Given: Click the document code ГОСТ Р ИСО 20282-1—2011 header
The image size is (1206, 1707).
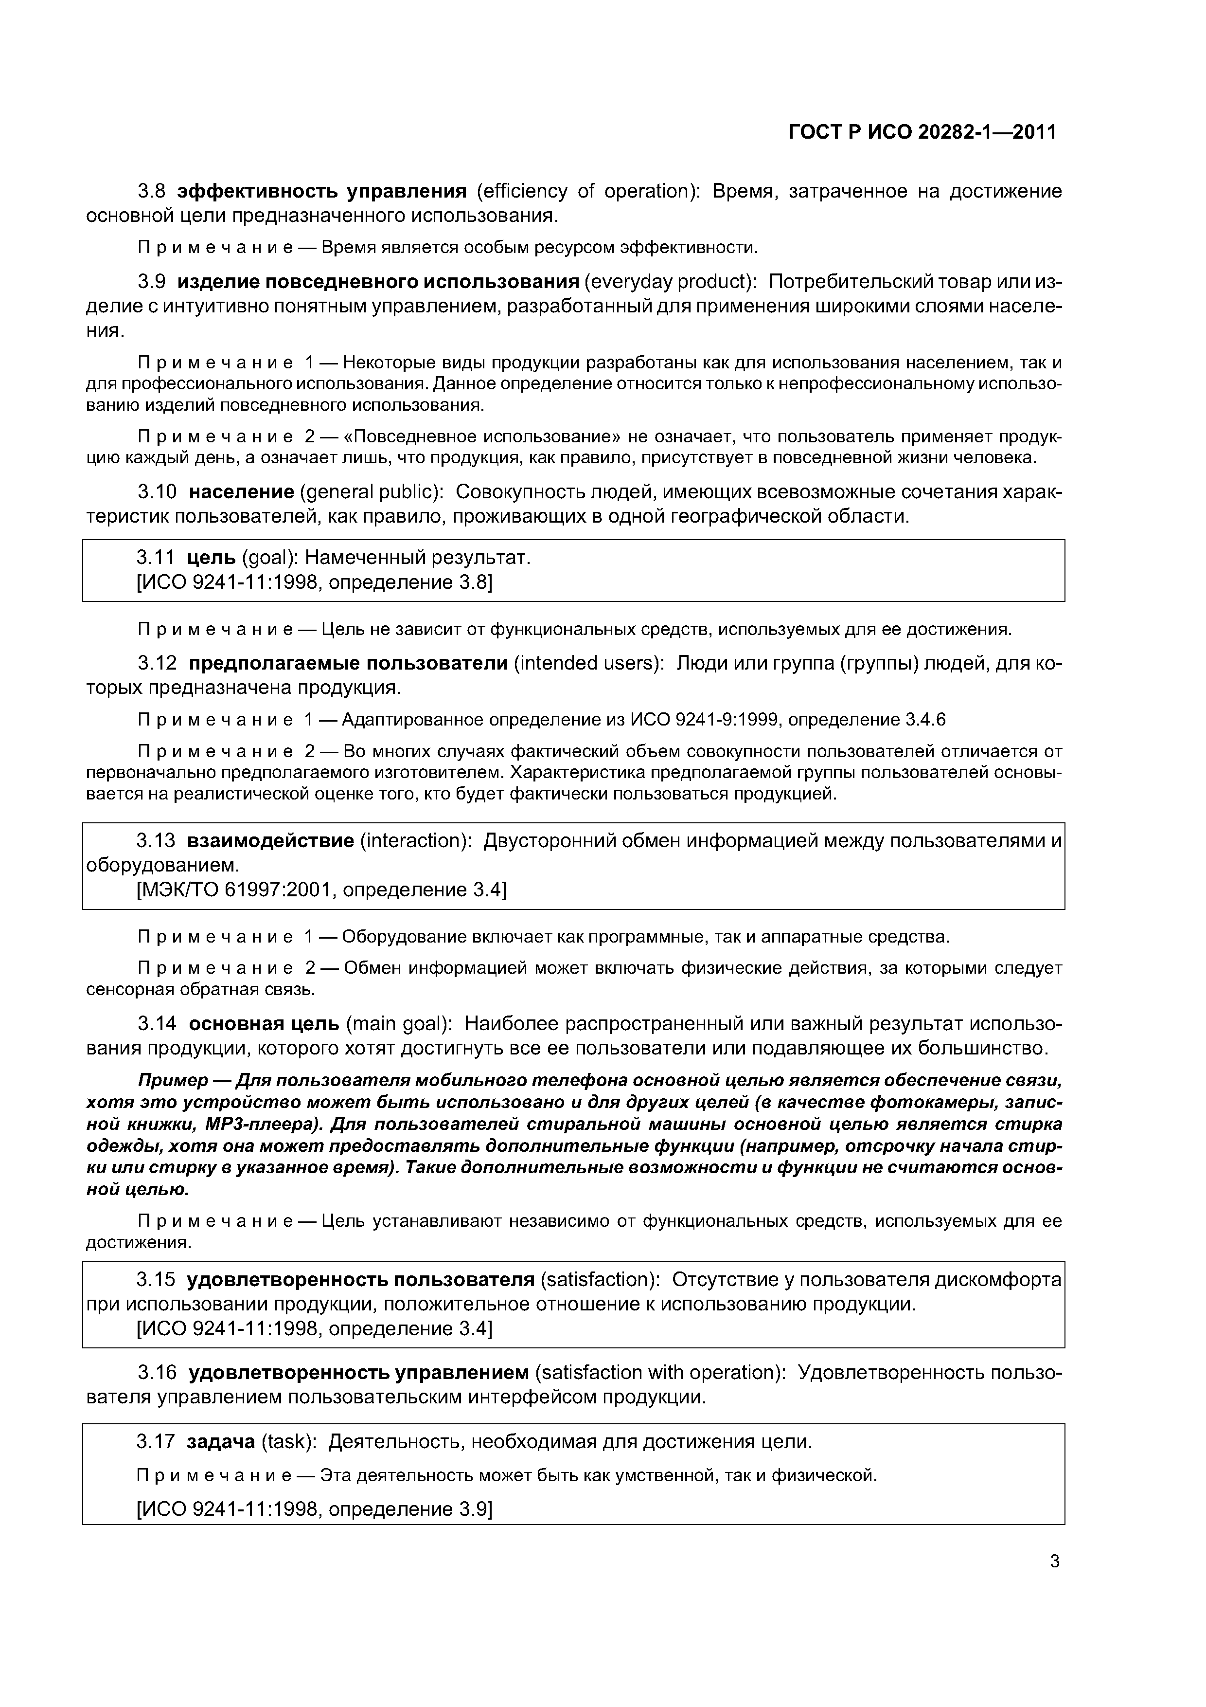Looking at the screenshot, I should pyautogui.click(x=922, y=132).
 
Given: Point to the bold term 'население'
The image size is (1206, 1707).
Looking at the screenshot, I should pyautogui.click(x=242, y=492).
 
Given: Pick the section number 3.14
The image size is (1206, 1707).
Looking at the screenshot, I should pyautogui.click(x=157, y=1024).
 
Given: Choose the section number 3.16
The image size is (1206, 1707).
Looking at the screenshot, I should pyautogui.click(x=157, y=1372).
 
